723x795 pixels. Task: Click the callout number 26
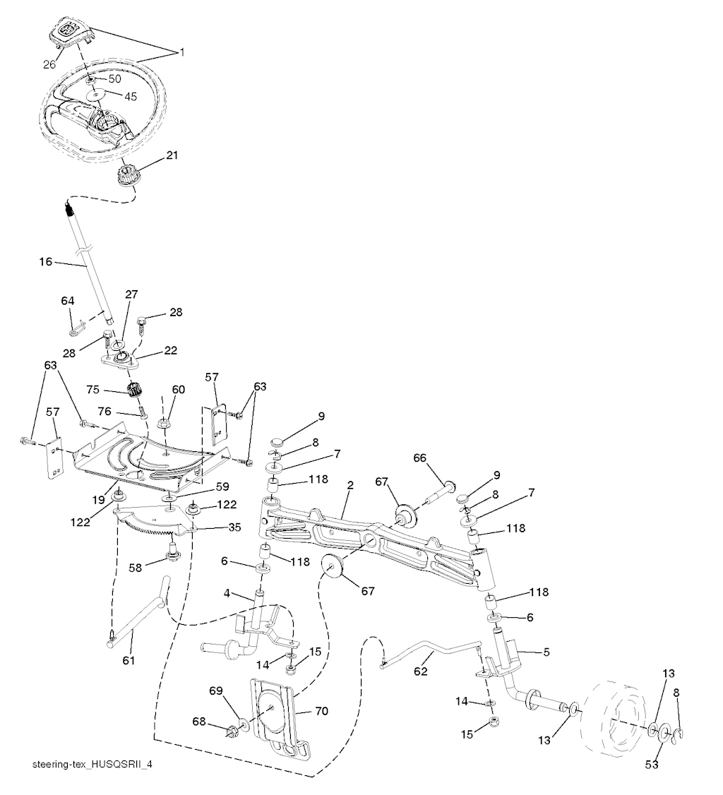tap(49, 64)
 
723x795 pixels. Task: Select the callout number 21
tap(172, 155)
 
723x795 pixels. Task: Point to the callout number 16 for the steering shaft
tap(46, 262)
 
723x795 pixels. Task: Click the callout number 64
tap(68, 301)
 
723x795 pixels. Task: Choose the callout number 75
tap(92, 390)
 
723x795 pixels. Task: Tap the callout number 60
tap(179, 390)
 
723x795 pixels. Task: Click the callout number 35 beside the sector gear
tap(234, 527)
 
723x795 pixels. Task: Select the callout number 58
tap(136, 568)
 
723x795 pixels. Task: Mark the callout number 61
tap(129, 660)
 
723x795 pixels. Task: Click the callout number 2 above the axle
tap(350, 485)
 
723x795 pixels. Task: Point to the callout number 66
tap(420, 458)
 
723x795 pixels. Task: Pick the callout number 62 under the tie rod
tap(421, 671)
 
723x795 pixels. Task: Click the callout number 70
tap(321, 711)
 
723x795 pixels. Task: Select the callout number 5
tap(546, 652)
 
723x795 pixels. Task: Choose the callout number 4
tap(227, 592)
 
